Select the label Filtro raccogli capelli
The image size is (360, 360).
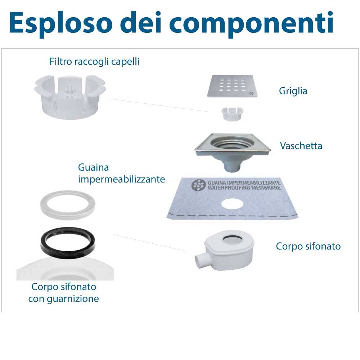[x=94, y=62]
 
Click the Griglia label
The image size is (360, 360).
[x=293, y=91]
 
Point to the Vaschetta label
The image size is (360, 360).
[x=301, y=146]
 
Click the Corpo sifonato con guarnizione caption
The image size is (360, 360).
[x=64, y=293]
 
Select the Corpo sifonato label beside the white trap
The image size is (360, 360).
[x=308, y=246]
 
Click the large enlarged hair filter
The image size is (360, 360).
[x=70, y=97]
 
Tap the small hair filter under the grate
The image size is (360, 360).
[x=232, y=114]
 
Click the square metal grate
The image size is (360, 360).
[x=232, y=86]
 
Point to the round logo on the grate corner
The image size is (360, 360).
[x=251, y=93]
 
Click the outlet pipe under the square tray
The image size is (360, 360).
[x=232, y=166]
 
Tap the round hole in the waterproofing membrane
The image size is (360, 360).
[x=233, y=204]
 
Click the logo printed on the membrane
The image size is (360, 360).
[x=198, y=185]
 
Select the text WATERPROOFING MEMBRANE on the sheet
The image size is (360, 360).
[x=244, y=188]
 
